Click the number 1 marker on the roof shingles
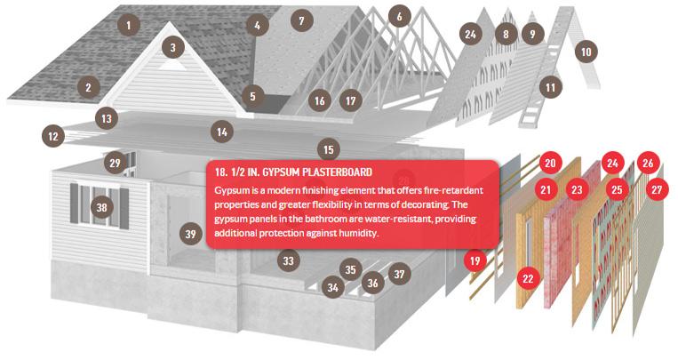(x=129, y=26)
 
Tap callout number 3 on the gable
(x=173, y=48)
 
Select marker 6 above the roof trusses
(x=399, y=16)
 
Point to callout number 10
(x=586, y=52)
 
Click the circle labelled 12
(x=53, y=136)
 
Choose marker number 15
(x=329, y=149)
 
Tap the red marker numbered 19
(x=475, y=261)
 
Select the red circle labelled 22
(x=528, y=278)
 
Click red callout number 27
(x=657, y=189)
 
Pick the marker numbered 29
(x=115, y=164)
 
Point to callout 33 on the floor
(x=289, y=261)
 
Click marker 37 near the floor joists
(x=399, y=274)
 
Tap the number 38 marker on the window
(x=101, y=207)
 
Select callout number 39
(x=191, y=234)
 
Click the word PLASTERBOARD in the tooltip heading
(x=337, y=172)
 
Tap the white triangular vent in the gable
(x=172, y=66)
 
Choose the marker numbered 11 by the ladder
(x=550, y=88)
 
